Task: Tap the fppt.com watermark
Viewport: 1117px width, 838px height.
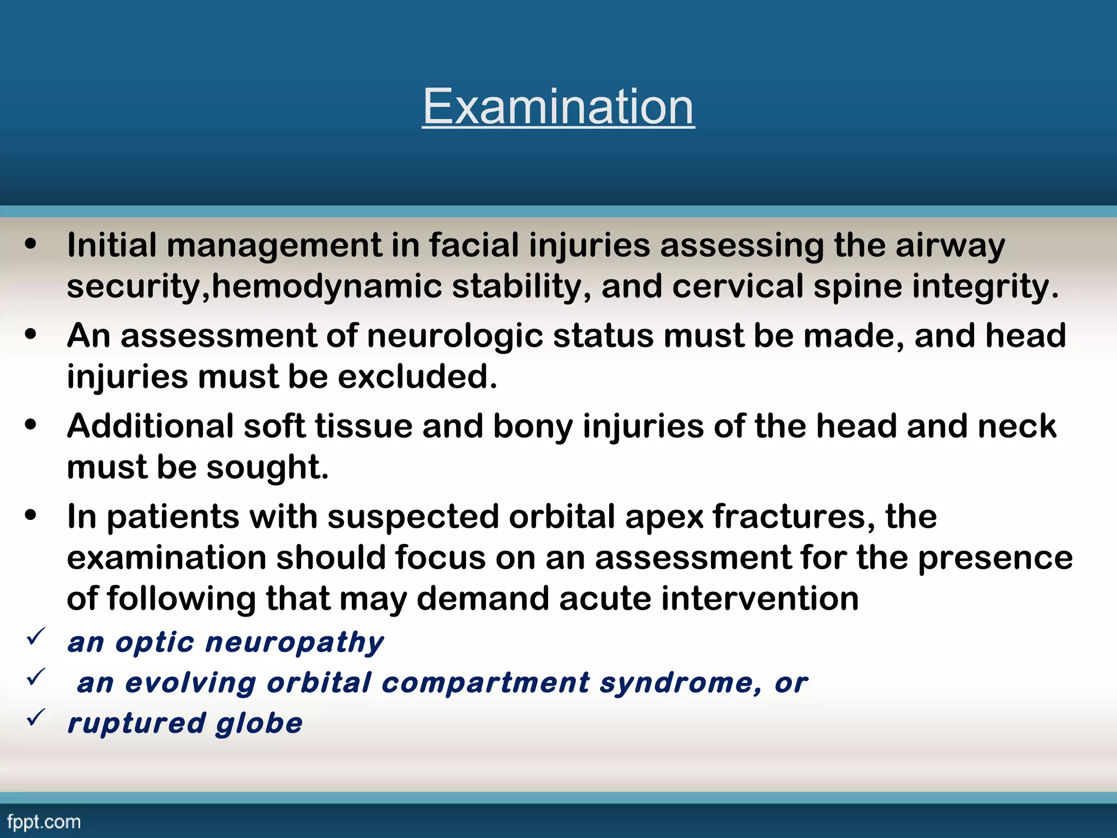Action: [x=44, y=822]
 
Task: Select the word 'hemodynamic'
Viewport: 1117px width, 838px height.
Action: [x=326, y=287]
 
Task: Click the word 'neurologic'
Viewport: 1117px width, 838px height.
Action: [x=455, y=336]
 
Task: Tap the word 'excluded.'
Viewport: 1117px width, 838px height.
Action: [x=417, y=377]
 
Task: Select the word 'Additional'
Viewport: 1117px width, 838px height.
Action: [x=150, y=426]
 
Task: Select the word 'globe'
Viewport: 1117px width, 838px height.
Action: [x=259, y=724]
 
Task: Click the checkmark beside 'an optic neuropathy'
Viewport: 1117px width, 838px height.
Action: [x=36, y=636]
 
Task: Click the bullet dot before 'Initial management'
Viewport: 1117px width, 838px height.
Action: [x=31, y=244]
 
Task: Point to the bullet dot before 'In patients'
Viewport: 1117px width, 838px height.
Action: [x=31, y=515]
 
